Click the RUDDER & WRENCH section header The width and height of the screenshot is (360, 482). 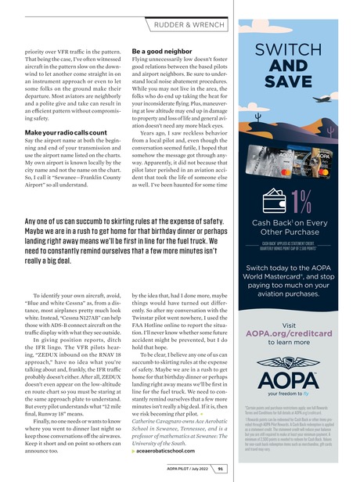pyautogui.click(x=180, y=10)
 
